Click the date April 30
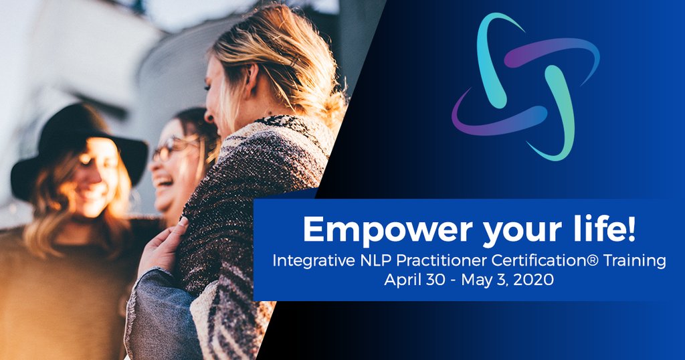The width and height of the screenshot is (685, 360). [x=411, y=280]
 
